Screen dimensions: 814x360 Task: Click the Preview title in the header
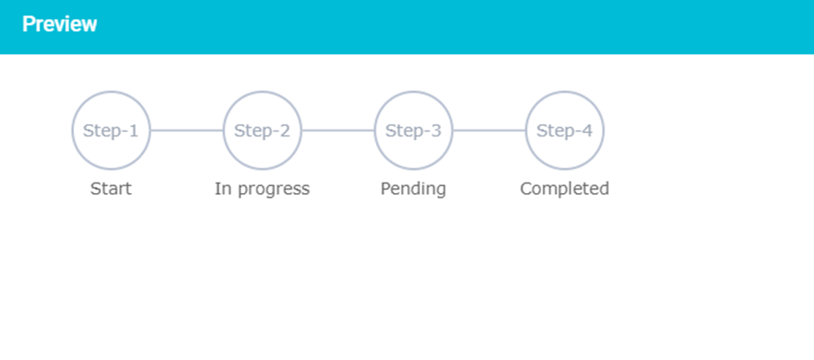(x=59, y=24)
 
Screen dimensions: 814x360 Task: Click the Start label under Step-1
(x=111, y=189)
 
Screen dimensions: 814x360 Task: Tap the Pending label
(x=413, y=190)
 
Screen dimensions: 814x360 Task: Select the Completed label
(x=564, y=190)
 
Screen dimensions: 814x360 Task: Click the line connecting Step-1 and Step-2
(x=187, y=130)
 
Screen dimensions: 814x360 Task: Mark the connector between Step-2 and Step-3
(x=338, y=130)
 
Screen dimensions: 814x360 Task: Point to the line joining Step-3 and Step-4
(x=489, y=130)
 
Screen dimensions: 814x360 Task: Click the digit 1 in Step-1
(x=134, y=130)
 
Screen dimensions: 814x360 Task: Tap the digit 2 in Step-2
(x=285, y=130)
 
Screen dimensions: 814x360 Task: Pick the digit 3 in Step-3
(x=436, y=130)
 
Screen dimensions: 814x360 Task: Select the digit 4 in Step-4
(x=587, y=130)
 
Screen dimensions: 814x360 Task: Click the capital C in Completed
(x=526, y=189)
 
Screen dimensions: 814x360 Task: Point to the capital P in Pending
(x=385, y=189)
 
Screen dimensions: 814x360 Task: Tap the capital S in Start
(x=96, y=189)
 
